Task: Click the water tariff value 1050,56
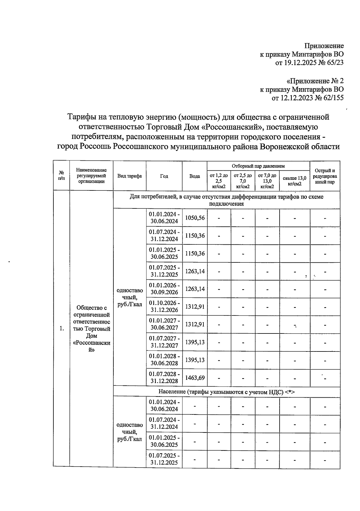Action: coord(195,218)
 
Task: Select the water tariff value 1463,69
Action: coord(195,378)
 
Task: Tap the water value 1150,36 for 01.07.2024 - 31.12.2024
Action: coord(195,236)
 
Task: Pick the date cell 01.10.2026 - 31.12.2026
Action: coord(164,306)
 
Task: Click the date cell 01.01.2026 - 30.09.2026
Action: coord(164,289)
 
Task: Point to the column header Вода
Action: coord(195,176)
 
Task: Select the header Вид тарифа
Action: coord(130,176)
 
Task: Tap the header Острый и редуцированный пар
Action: coord(325,176)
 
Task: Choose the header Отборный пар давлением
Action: coord(258,166)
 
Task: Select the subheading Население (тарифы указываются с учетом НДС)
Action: coord(226,392)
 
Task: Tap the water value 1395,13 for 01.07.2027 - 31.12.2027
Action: coord(195,342)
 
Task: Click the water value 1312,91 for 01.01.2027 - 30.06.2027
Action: coord(195,324)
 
